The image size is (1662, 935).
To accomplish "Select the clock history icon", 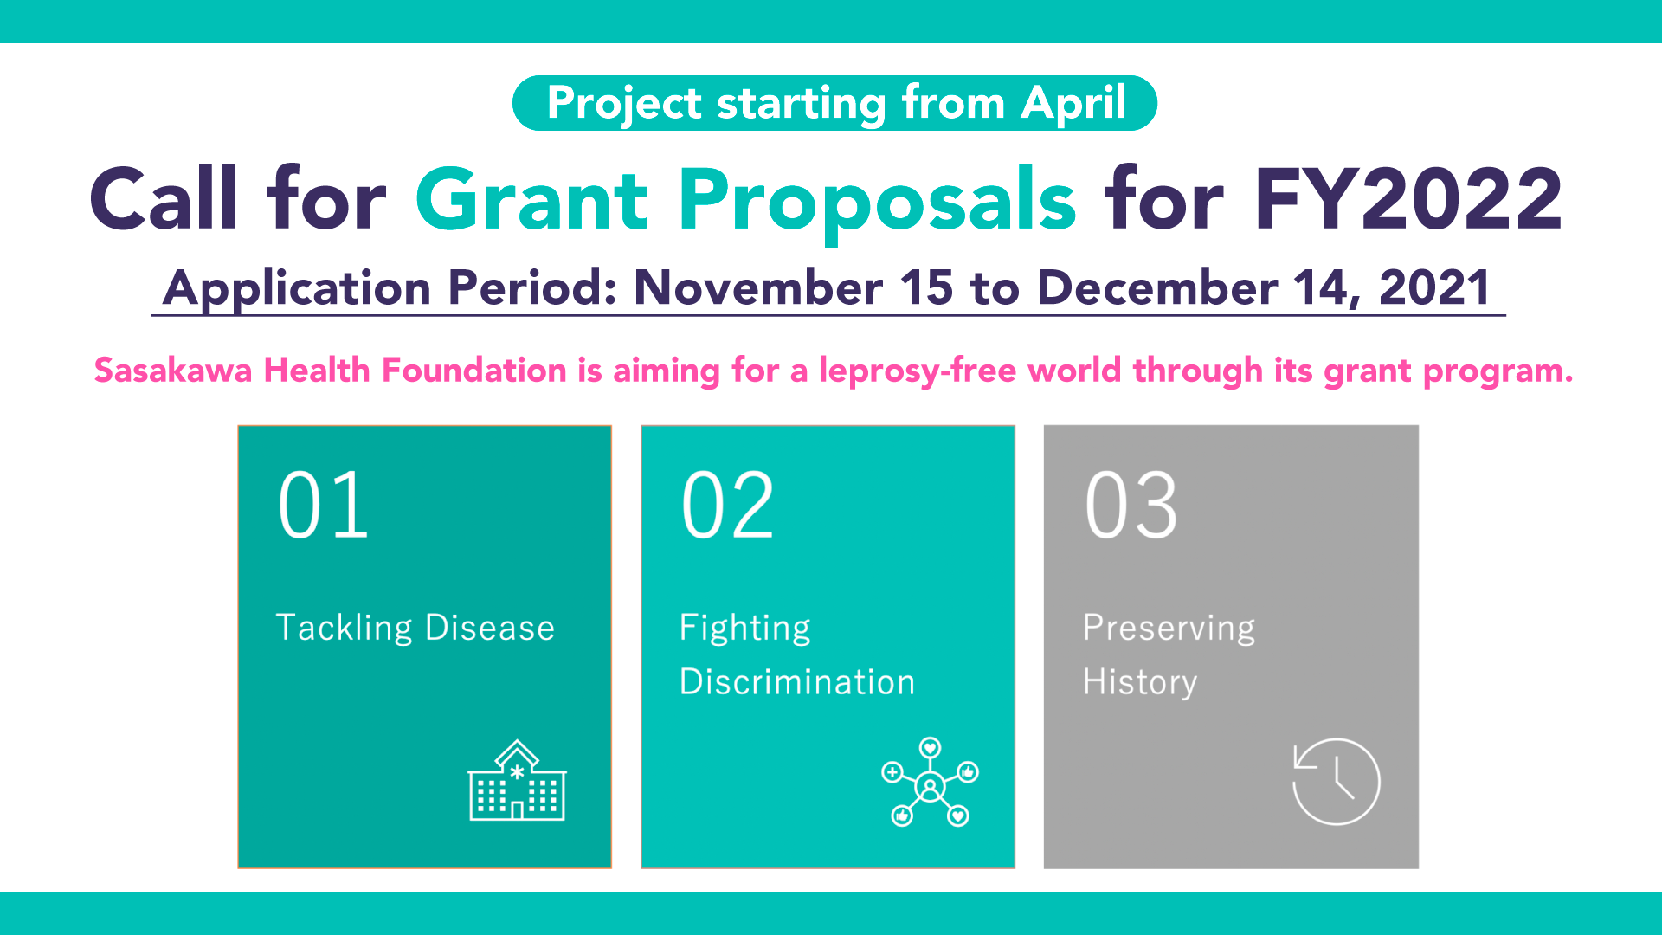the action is pyautogui.click(x=1336, y=781).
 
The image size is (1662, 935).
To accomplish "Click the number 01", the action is pyautogui.click(x=324, y=506).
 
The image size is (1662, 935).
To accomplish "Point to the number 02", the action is pyautogui.click(x=727, y=506).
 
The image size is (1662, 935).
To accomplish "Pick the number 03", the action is pyautogui.click(x=1131, y=506).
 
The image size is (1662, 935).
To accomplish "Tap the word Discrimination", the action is pyautogui.click(x=796, y=682).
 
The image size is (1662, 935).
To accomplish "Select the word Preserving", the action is pyautogui.click(x=1169, y=629).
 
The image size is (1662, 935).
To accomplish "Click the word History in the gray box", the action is pyautogui.click(x=1140, y=683).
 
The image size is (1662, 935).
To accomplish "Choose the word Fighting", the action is pyautogui.click(x=744, y=629).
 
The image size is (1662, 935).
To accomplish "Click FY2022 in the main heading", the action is pyautogui.click(x=1408, y=200).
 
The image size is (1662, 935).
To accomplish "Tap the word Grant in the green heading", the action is pyautogui.click(x=531, y=200).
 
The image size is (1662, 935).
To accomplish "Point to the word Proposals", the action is pyautogui.click(x=877, y=203).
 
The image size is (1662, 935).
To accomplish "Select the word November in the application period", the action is pyautogui.click(x=758, y=287).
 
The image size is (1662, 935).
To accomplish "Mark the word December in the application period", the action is pyautogui.click(x=1157, y=287).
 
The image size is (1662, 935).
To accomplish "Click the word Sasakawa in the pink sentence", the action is pyautogui.click(x=173, y=371).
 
